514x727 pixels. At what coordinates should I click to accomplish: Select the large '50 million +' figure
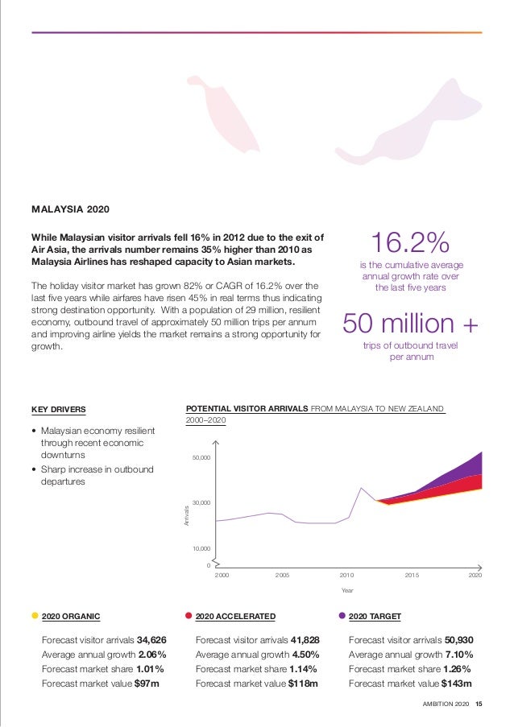pyautogui.click(x=411, y=324)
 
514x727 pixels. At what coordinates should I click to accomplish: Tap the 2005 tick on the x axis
pyautogui.click(x=282, y=576)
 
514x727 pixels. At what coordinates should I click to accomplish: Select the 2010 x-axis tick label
pyautogui.click(x=346, y=576)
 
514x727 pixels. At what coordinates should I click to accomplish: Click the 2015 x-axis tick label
pyautogui.click(x=412, y=576)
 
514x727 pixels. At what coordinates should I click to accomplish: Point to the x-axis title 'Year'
pyautogui.click(x=347, y=591)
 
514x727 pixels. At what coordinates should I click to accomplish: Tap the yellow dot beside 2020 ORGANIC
pyautogui.click(x=35, y=616)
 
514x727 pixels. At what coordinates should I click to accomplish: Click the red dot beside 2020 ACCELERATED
pyautogui.click(x=189, y=616)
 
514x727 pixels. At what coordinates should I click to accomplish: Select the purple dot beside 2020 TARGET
pyautogui.click(x=342, y=616)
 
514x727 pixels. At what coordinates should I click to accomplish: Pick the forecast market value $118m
pyautogui.click(x=303, y=684)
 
